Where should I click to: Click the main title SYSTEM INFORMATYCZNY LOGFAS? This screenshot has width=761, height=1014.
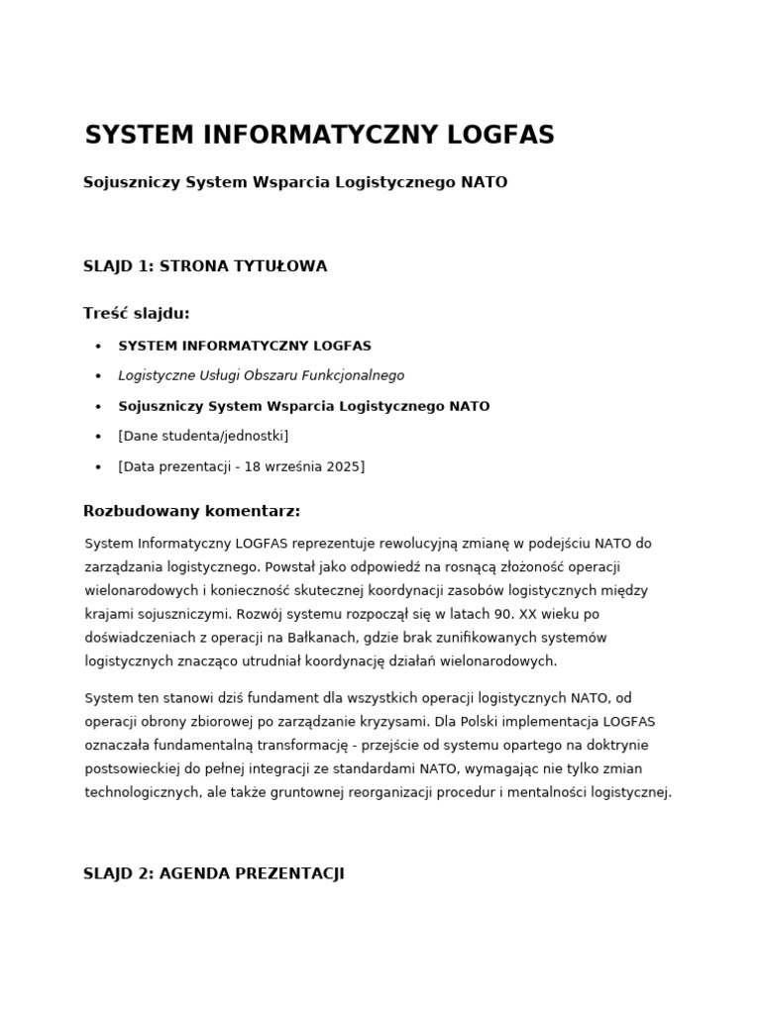tap(319, 136)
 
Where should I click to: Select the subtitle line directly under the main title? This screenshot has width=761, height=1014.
tap(295, 183)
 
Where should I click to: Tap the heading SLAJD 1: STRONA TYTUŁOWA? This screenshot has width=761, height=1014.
tap(205, 266)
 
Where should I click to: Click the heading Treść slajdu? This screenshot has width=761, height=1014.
tap(136, 314)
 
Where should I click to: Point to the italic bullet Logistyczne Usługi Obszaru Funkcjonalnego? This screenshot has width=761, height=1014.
tap(261, 376)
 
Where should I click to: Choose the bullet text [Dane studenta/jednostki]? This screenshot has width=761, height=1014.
tap(203, 436)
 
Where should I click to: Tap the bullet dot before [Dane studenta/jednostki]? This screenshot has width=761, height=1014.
tap(98, 437)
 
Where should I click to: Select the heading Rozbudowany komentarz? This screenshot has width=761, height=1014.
tap(191, 512)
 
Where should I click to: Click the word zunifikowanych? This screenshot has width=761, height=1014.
tap(459, 638)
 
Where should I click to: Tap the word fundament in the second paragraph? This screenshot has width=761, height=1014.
tap(278, 698)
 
